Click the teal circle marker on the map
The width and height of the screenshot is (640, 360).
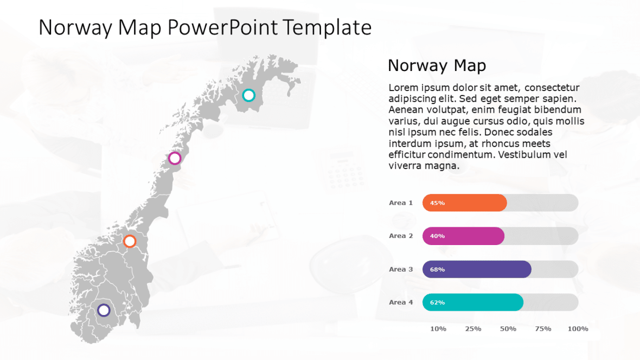pyautogui.click(x=248, y=95)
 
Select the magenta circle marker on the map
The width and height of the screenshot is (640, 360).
pyautogui.click(x=175, y=158)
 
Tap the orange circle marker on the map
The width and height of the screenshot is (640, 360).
pyautogui.click(x=130, y=241)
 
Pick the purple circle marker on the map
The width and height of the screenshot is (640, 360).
pyautogui.click(x=104, y=310)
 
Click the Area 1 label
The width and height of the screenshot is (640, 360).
pyautogui.click(x=401, y=203)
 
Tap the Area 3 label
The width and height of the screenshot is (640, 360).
pyautogui.click(x=401, y=269)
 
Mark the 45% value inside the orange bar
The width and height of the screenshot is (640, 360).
pyautogui.click(x=437, y=203)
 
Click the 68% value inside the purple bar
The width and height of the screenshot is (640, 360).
pyautogui.click(x=437, y=269)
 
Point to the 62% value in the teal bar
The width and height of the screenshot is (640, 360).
pyautogui.click(x=437, y=303)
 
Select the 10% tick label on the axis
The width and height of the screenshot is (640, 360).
pyautogui.click(x=438, y=329)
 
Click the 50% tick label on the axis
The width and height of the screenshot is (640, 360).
pyautogui.click(x=508, y=329)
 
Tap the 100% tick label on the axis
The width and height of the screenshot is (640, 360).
pyautogui.click(x=578, y=329)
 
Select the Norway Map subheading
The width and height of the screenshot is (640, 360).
pyautogui.click(x=437, y=66)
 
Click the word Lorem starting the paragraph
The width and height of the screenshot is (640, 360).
pyautogui.click(x=404, y=88)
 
